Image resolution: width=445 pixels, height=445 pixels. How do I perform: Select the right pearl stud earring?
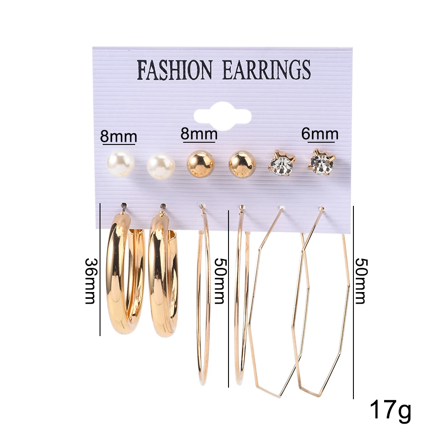click(160, 166)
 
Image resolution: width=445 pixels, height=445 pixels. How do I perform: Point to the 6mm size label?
click(320, 134)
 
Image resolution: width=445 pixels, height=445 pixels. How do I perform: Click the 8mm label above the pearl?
click(118, 136)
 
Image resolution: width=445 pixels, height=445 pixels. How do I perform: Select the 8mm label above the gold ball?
click(199, 134)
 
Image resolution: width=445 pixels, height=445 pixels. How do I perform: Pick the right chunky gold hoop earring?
click(162, 276)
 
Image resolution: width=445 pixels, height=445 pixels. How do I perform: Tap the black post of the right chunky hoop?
click(162, 207)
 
